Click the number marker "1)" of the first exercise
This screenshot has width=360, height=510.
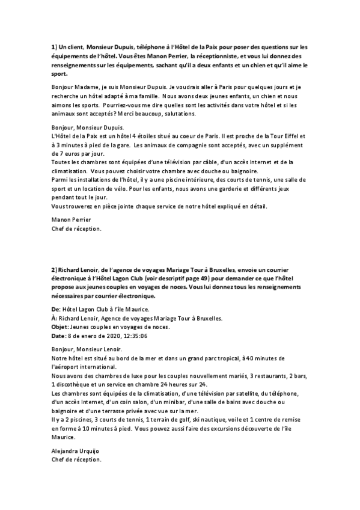[x=53, y=47]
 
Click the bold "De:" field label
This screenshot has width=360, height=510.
[x=56, y=309]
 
